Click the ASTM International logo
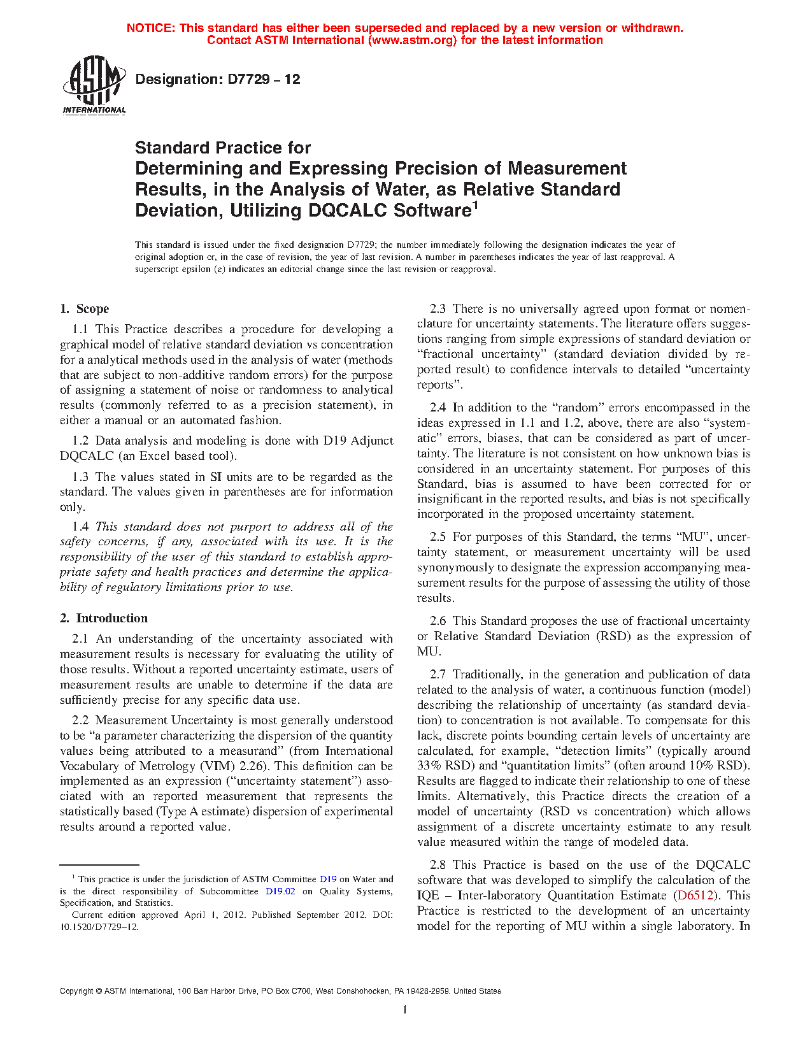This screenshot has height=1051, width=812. point(94,85)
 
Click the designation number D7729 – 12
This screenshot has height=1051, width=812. point(218,80)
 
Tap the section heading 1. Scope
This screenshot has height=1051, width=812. point(85,309)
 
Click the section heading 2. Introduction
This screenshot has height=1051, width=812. point(104,618)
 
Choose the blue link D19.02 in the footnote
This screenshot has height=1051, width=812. point(280,892)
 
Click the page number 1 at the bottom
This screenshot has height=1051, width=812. point(404,1010)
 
